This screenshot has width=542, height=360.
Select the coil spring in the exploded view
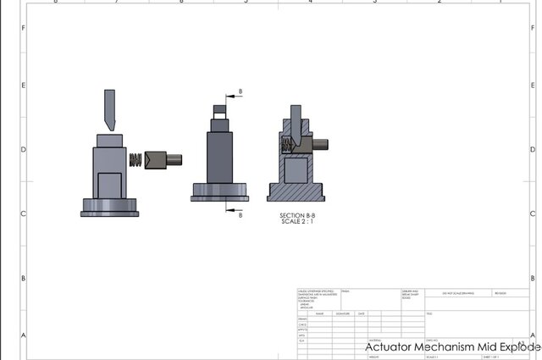point(134,159)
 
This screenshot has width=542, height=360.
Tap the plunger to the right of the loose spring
point(160,159)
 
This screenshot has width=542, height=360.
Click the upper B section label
point(241,91)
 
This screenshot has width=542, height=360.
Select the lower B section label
point(241,215)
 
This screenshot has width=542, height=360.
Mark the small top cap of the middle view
point(218,110)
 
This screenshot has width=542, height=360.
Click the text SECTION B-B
point(297,216)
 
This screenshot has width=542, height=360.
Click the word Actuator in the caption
point(389,347)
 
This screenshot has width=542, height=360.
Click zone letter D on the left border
point(23,150)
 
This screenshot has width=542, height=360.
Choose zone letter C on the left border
point(23,214)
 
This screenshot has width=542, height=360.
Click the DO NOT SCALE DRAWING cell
point(457,292)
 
